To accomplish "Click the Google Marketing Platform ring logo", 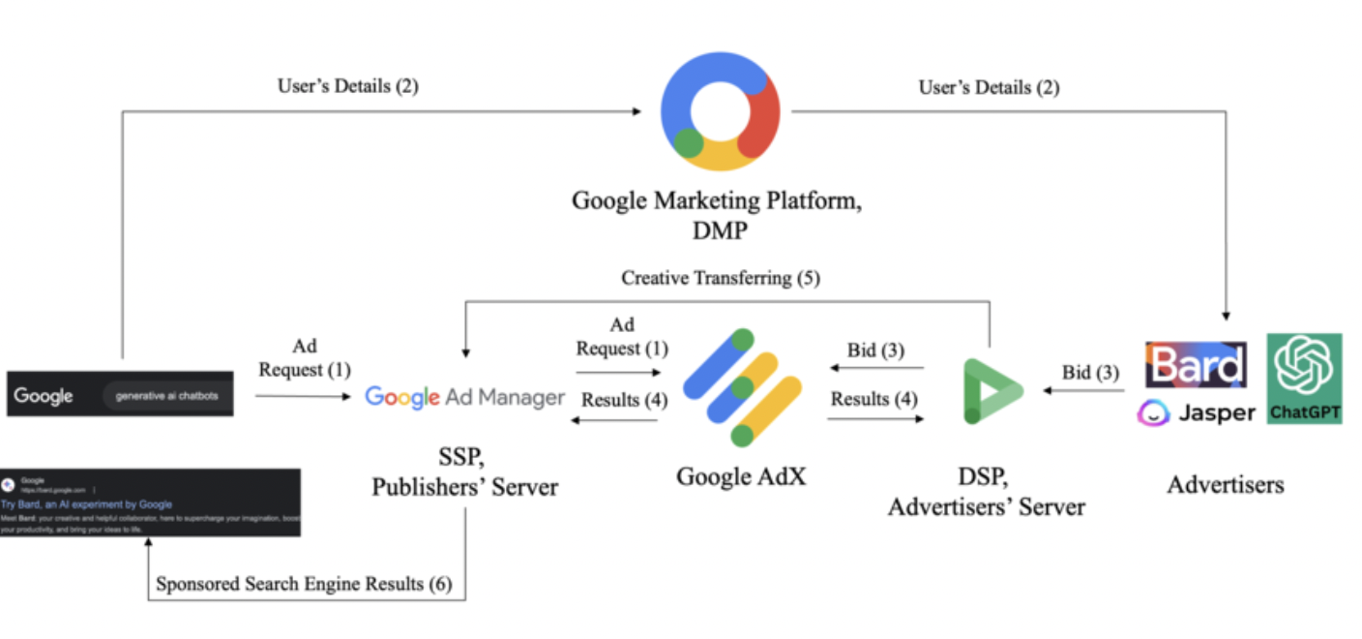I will (720, 111).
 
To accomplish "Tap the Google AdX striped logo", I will (742, 387).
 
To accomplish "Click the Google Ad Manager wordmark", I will (464, 397).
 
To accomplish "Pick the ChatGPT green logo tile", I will (1305, 379).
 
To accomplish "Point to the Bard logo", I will (1196, 365).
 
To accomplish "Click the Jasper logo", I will (1196, 413).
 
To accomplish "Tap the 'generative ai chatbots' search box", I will (166, 395).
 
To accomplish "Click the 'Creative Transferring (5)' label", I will (720, 279).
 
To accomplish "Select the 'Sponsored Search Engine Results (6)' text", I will (304, 584).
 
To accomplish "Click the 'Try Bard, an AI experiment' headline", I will (87, 504).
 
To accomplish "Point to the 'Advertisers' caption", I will (1226, 484).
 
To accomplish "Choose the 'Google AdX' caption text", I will (741, 476).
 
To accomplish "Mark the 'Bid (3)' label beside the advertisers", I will (1090, 373).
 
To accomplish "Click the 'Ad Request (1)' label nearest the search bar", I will (304, 358).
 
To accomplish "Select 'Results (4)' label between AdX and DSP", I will (873, 399).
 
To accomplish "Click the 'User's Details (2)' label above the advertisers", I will (989, 87).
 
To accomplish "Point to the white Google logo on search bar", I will (44, 396).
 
